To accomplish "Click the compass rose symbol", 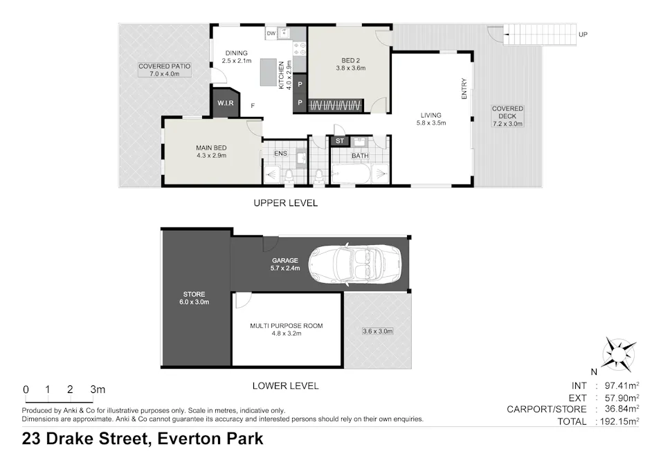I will click(x=619, y=354).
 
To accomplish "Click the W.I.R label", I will click(x=225, y=104).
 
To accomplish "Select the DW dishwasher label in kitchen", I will click(x=271, y=33).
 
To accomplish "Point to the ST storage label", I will click(x=339, y=142).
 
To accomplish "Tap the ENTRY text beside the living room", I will click(x=464, y=88).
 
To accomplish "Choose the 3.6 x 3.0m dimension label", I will click(x=377, y=331).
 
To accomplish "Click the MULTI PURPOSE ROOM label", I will click(x=286, y=325).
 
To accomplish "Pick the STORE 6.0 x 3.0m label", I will click(x=194, y=298).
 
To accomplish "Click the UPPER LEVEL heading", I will click(x=285, y=203).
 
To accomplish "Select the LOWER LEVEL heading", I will click(x=285, y=386).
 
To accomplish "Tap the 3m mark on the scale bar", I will click(x=97, y=390).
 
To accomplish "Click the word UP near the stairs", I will click(x=583, y=34).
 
